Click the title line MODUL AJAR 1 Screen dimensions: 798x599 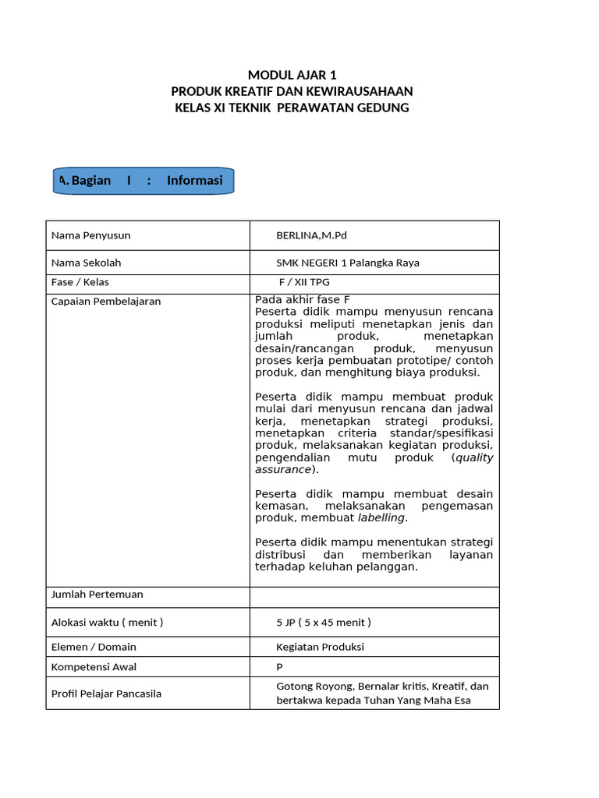[x=292, y=76]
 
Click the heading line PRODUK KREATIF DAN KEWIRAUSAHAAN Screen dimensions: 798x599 [x=292, y=91]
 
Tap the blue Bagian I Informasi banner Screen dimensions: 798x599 [x=143, y=181]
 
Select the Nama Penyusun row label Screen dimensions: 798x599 [x=90, y=235]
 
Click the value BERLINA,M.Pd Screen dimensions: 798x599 [x=311, y=235]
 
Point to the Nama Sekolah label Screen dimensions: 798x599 [x=86, y=263]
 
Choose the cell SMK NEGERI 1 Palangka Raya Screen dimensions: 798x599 [x=347, y=263]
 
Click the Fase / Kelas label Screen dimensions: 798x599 [x=80, y=282]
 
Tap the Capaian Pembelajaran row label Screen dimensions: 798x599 [x=105, y=301]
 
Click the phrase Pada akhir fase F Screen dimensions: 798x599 [x=303, y=300]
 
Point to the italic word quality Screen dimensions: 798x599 [x=474, y=457]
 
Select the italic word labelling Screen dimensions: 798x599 [x=381, y=518]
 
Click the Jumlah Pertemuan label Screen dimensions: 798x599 [x=97, y=595]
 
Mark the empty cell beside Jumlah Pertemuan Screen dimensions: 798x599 [x=374, y=597]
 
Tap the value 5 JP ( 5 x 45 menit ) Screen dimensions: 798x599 [x=324, y=622]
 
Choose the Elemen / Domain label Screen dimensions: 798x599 [x=94, y=647]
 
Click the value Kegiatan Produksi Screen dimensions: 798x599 [x=320, y=647]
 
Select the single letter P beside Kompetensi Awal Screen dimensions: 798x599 [x=279, y=667]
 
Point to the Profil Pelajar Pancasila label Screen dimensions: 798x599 [x=106, y=693]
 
